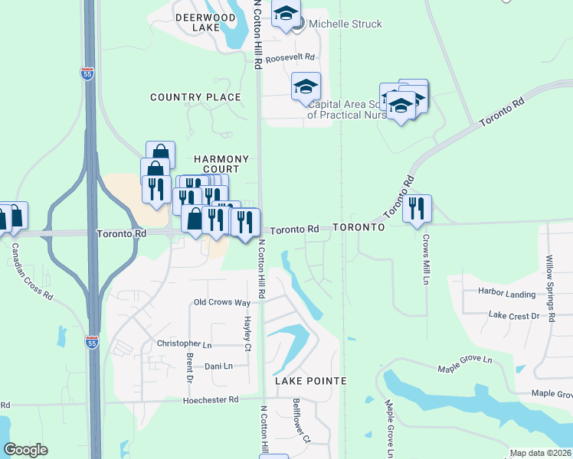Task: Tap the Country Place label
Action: pyautogui.click(x=195, y=97)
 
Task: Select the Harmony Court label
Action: pyautogui.click(x=221, y=164)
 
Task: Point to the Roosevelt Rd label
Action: pyautogui.click(x=290, y=57)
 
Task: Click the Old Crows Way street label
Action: pyautogui.click(x=222, y=303)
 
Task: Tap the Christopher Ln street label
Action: pyautogui.click(x=184, y=344)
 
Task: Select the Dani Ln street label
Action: pyautogui.click(x=218, y=366)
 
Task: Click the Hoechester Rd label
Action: pyautogui.click(x=211, y=399)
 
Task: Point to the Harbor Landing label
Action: pyautogui.click(x=506, y=293)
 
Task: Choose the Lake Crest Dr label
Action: pyautogui.click(x=515, y=315)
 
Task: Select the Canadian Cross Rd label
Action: pyautogui.click(x=32, y=271)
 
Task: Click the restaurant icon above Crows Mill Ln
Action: pyautogui.click(x=417, y=208)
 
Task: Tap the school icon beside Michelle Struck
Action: pyautogui.click(x=286, y=15)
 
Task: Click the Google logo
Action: pyautogui.click(x=26, y=450)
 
